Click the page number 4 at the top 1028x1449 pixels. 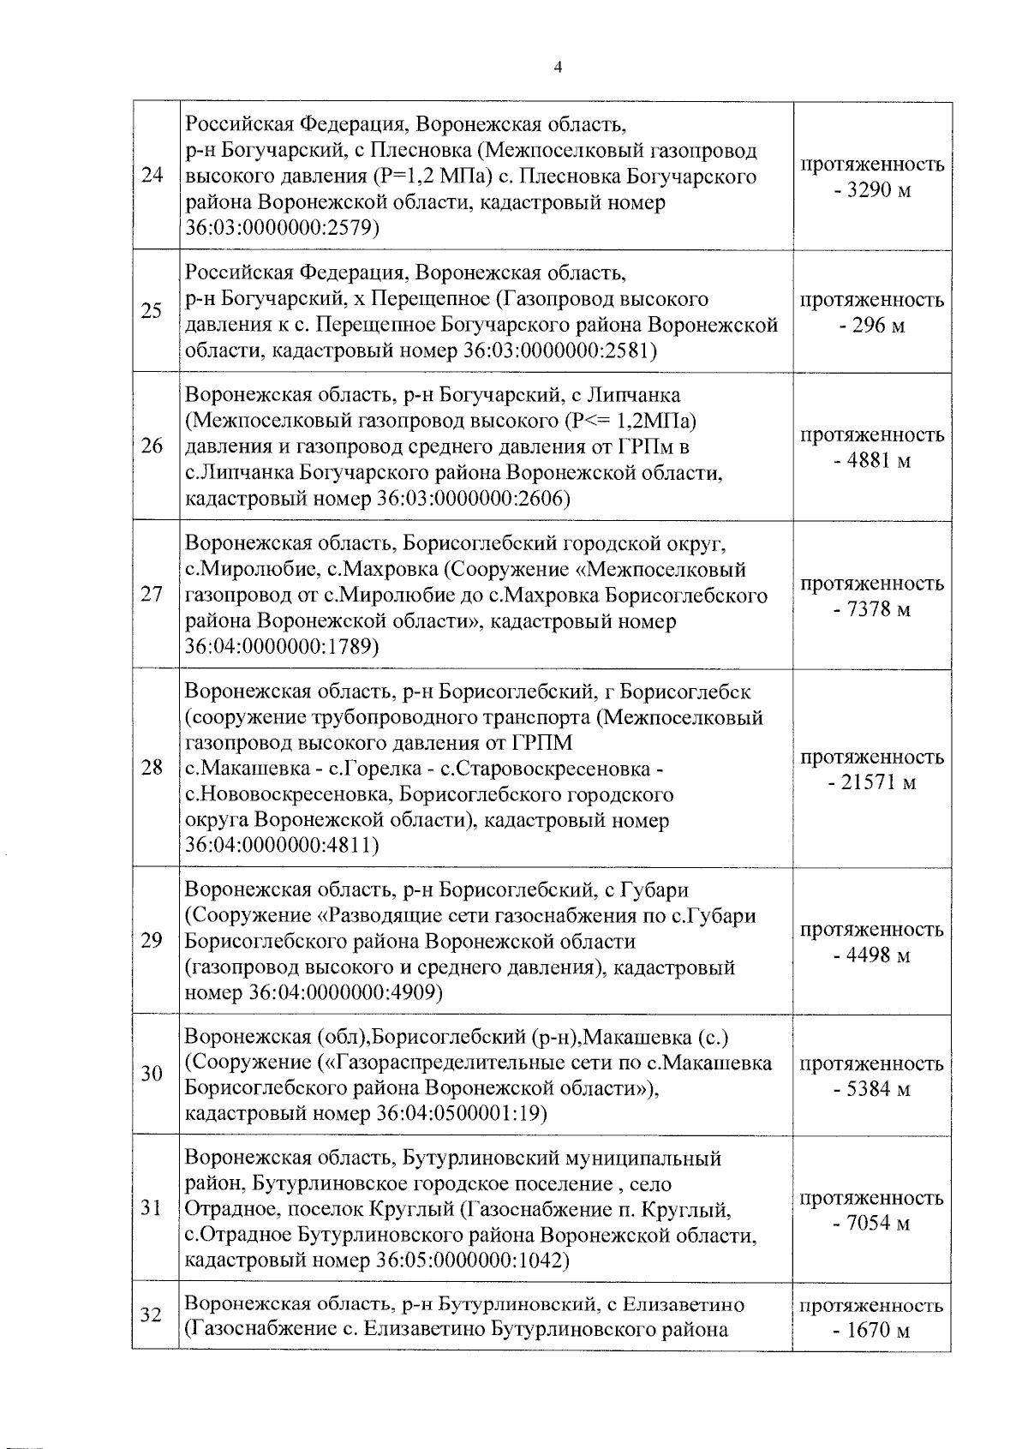(x=558, y=69)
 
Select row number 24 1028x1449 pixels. (x=152, y=177)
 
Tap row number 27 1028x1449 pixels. (x=152, y=596)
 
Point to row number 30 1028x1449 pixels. (x=152, y=1074)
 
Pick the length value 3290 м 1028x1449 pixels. (x=873, y=189)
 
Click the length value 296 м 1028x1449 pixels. (x=873, y=326)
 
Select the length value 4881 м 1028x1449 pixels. (x=873, y=460)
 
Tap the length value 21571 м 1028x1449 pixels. (x=873, y=783)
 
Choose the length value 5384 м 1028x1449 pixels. (x=873, y=1089)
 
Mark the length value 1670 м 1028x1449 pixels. (x=873, y=1331)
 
